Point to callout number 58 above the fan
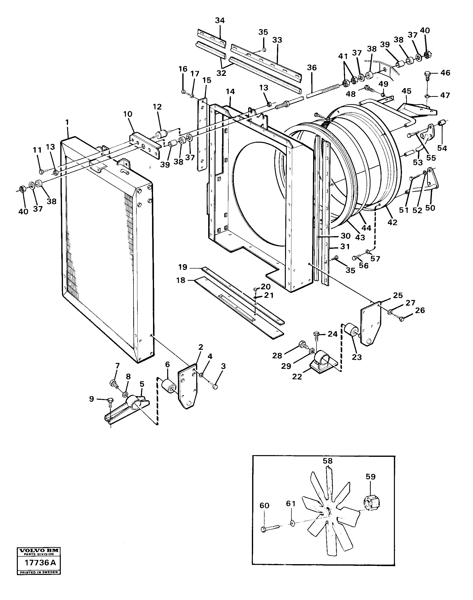click(x=327, y=461)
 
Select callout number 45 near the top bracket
click(x=407, y=91)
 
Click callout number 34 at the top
click(x=220, y=20)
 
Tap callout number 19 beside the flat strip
click(x=183, y=267)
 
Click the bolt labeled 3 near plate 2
click(x=215, y=387)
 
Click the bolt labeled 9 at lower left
click(x=110, y=399)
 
